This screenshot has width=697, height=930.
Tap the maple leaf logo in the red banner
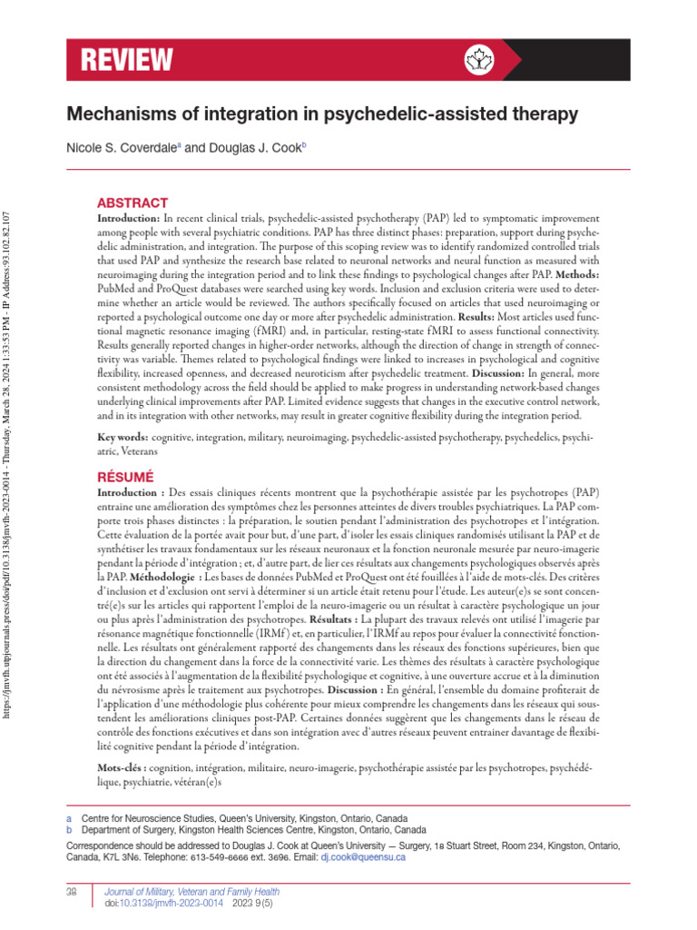pos(475,60)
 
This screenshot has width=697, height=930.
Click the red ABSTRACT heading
pos(133,203)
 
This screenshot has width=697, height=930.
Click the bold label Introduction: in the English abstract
pos(129,221)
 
